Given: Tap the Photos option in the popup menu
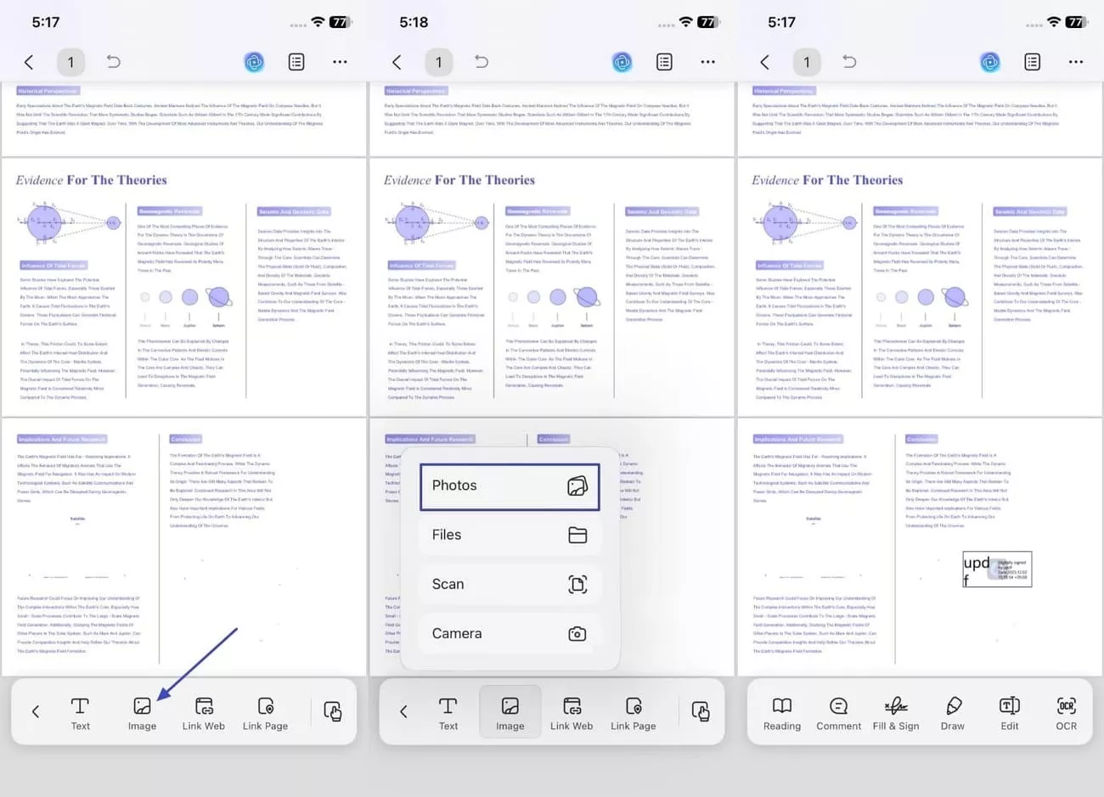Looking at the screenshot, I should point(509,486).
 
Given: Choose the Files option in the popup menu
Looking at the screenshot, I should point(509,535).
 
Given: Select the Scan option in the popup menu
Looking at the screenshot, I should point(509,584).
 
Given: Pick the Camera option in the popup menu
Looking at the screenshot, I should point(509,633).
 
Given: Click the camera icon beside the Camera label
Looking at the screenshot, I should point(577,633).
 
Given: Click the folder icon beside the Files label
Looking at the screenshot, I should point(577,535).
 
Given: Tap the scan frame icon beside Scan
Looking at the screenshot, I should point(577,584).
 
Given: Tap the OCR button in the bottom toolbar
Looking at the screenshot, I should point(1066,713).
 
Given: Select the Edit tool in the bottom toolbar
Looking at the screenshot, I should point(1009,713).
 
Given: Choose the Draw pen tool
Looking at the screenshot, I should point(953,713).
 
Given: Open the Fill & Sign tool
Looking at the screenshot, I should point(896,713).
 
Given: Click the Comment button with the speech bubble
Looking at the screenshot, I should point(838,713).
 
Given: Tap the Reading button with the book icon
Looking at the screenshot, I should point(781,713).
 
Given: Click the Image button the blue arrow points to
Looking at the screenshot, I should point(142,713).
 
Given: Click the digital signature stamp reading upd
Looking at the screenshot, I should point(997,569).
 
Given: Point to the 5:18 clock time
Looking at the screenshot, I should point(414,22).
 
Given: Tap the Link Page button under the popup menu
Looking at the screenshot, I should point(633,713).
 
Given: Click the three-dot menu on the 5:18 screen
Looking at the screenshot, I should point(707,62).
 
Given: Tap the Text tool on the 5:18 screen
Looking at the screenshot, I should point(448,713).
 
